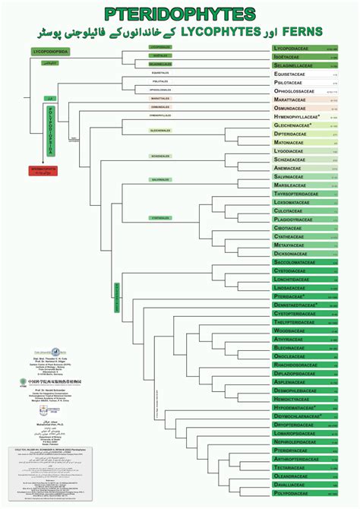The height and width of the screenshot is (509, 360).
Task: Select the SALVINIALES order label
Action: click(x=159, y=180)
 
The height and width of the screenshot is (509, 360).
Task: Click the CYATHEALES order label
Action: click(x=159, y=218)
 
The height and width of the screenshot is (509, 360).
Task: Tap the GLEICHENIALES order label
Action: click(x=159, y=131)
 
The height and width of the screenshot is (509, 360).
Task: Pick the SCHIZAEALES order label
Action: click(x=159, y=156)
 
